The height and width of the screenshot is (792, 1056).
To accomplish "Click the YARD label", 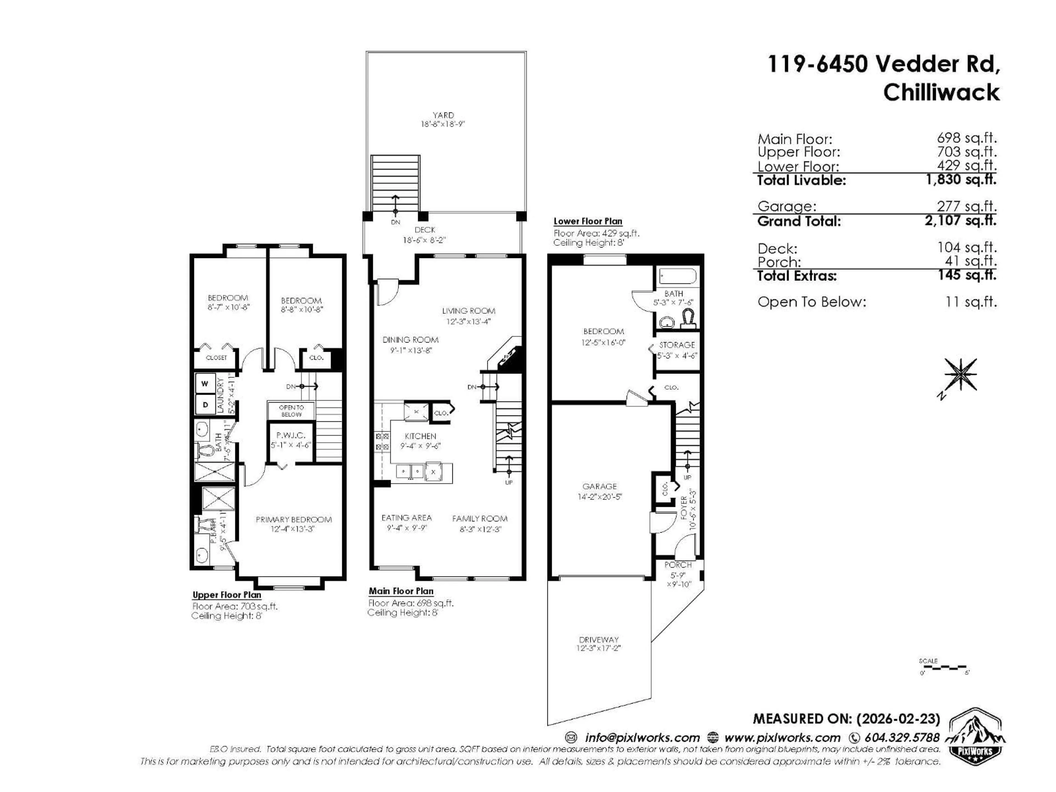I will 443,115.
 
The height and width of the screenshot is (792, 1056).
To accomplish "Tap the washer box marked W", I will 205,383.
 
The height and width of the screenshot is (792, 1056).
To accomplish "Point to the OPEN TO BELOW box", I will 291,411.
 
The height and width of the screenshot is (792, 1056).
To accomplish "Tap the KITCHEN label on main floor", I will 420,436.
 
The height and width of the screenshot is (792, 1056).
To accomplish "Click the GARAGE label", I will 599,486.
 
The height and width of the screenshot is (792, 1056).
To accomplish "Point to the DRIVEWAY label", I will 599,639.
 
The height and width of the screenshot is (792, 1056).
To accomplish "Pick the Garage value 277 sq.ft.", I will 966,206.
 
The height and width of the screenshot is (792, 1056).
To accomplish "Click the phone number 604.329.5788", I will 901,738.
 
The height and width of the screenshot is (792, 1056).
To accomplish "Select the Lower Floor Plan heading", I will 588,221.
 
